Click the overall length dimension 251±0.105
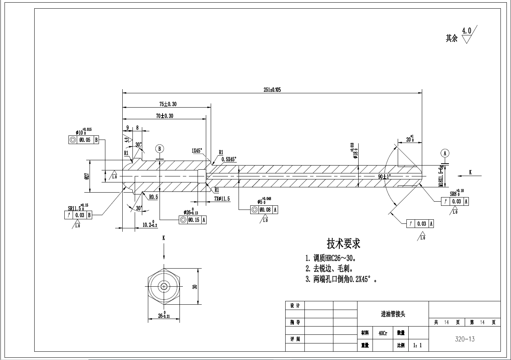tap(272, 90)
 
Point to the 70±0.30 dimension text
tap(164, 116)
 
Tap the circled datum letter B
tap(160, 148)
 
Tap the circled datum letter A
tap(445, 153)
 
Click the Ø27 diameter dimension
tap(87, 176)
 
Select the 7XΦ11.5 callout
tap(222, 199)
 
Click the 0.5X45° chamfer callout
tap(228, 159)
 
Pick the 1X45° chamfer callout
tap(197, 150)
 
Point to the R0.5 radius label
tap(153, 197)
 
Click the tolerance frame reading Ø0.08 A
tap(264, 210)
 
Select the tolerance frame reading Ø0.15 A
tap(193, 220)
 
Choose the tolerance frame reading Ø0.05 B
tap(84, 140)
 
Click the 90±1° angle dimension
tap(384, 176)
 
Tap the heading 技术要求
tap(343, 244)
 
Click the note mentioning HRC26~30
tap(330, 258)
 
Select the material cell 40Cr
tap(383, 333)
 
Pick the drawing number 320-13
tap(465, 339)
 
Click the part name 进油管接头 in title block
tap(393, 314)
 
